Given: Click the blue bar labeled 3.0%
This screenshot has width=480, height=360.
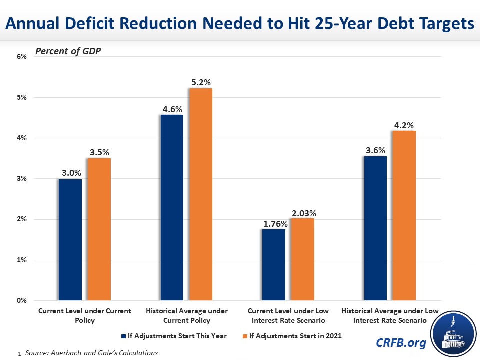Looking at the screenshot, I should pyautogui.click(x=70, y=240).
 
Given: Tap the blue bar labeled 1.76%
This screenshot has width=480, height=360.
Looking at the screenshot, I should pyautogui.click(x=274, y=265).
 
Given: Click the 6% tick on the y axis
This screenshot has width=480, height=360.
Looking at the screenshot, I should pyautogui.click(x=21, y=57).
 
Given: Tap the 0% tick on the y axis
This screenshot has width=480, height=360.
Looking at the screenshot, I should pyautogui.click(x=21, y=301).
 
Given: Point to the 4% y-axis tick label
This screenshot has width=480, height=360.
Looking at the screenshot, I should pyautogui.click(x=21, y=138).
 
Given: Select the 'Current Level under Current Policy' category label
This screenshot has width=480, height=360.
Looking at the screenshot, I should pyautogui.click(x=84, y=315).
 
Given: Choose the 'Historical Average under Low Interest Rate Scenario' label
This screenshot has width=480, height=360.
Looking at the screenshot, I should pyautogui.click(x=390, y=315).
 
